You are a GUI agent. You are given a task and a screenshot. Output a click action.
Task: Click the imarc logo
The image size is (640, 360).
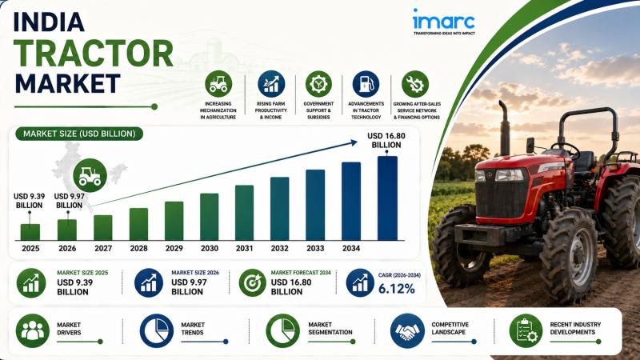click(x=444, y=22)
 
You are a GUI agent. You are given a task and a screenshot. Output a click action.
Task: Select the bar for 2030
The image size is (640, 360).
click(x=209, y=217)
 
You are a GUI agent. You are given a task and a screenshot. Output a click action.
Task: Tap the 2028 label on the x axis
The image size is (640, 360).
click(x=138, y=248)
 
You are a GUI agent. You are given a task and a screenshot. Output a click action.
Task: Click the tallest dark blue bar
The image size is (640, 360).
click(x=387, y=198)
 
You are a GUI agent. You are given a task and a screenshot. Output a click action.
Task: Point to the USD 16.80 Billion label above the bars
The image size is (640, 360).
click(x=386, y=141)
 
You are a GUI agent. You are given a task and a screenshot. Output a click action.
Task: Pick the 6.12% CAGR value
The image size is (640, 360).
click(x=396, y=289)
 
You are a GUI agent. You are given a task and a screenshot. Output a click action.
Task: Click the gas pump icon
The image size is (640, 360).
click(x=366, y=84)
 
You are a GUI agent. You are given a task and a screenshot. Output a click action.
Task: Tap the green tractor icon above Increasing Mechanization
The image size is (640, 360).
click(x=218, y=84)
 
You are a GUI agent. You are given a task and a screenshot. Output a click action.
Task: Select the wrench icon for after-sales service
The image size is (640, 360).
click(x=415, y=84)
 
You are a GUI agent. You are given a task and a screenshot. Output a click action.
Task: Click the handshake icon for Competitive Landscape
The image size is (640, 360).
click(x=407, y=330)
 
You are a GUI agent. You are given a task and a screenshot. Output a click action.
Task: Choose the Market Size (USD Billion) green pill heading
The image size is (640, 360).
click(x=79, y=134)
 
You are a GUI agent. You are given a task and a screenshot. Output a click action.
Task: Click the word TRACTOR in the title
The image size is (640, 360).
click(x=94, y=54)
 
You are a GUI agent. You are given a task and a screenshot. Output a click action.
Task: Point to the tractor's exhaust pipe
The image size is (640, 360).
click(x=505, y=128)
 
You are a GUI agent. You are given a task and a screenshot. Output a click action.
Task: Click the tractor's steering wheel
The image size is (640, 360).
click(x=566, y=149)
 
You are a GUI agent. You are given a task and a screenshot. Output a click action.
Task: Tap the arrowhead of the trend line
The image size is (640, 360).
click(x=353, y=142)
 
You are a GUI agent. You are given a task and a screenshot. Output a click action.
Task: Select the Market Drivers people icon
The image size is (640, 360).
click(x=33, y=330)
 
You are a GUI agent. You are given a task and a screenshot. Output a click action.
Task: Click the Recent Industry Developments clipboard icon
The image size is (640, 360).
click(x=526, y=330)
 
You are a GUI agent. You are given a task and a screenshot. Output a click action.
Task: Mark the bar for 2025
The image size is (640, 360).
click(x=30, y=232)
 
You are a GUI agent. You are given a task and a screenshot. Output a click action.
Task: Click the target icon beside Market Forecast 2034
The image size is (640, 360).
click(x=252, y=282)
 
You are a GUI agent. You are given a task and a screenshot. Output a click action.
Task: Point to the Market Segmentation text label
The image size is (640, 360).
click(x=330, y=329)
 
